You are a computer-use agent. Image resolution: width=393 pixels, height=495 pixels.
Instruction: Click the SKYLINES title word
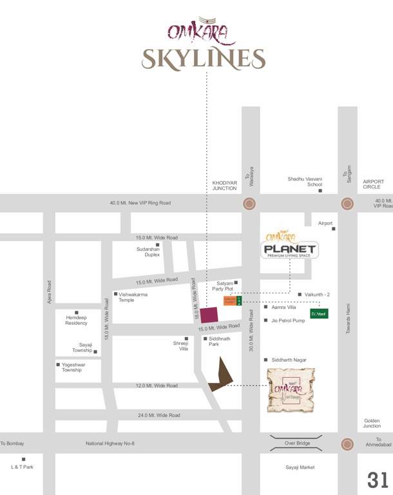pyautogui.click(x=203, y=58)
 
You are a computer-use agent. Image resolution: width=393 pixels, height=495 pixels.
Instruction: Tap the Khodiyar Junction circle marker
pyautogui.click(x=250, y=204)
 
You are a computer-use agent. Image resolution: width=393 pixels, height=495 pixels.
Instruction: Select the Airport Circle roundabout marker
pyautogui.click(x=347, y=204)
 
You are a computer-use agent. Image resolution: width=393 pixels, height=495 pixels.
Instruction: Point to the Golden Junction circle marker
pyautogui.click(x=347, y=444)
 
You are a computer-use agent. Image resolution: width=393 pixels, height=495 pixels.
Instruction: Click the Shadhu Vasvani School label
pyautogui.click(x=305, y=181)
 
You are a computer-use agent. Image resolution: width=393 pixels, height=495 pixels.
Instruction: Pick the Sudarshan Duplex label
pyautogui.click(x=148, y=251)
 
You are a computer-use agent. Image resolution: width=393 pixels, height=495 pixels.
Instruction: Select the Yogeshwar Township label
pyautogui.click(x=72, y=367)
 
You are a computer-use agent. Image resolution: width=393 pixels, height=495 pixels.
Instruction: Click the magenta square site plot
pyautogui.click(x=209, y=315)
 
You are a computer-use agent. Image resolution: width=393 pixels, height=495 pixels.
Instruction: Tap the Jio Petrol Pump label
pyautogui.click(x=287, y=320)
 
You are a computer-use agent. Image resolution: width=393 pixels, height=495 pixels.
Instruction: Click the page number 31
pyautogui.click(x=378, y=480)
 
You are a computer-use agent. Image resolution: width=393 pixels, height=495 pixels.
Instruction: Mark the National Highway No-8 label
pyautogui.click(x=110, y=443)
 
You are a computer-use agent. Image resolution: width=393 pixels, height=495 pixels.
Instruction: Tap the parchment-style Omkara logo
pyautogui.click(x=291, y=389)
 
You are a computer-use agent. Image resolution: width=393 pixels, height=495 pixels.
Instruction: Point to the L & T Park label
pyautogui.click(x=22, y=467)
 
